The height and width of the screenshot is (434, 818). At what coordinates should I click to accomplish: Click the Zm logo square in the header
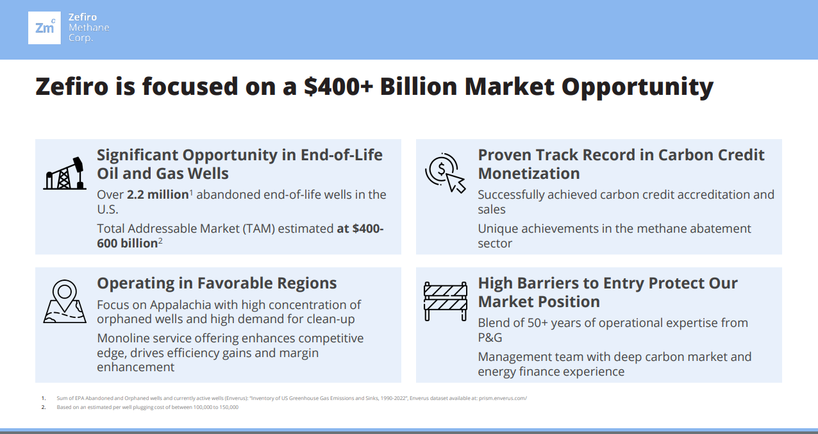coord(44,28)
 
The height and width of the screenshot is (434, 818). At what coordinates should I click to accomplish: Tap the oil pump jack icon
coord(65,174)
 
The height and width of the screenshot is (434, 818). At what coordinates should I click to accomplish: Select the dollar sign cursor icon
coord(445,173)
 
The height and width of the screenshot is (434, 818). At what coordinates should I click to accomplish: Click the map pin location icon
coord(65,301)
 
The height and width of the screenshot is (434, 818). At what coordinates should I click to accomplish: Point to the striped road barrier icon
coord(446,301)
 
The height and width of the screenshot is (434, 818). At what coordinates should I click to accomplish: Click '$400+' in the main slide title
coord(338,87)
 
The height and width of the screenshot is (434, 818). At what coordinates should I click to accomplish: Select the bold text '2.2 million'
coord(158,194)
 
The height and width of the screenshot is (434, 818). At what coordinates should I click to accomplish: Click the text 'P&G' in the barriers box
coord(490,337)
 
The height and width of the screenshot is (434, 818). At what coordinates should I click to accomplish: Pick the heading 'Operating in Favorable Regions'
coord(217,283)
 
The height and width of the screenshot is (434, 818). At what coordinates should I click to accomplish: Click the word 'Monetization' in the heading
coord(529,173)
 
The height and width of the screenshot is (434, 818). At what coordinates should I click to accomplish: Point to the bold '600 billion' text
coord(128,244)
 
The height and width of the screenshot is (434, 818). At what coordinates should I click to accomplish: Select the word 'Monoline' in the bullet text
coord(124,338)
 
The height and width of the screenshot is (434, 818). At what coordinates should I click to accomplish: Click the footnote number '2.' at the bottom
coord(44,407)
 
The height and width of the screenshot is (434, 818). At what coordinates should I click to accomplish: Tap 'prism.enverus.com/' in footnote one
coord(503,398)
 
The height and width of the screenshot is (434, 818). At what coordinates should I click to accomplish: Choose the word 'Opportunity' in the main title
coord(637,88)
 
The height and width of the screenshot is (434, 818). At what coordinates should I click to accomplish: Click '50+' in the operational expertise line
coord(537,323)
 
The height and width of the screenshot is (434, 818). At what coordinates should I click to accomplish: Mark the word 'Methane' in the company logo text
coord(88,28)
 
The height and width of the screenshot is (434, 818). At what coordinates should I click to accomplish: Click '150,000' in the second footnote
coord(229,407)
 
